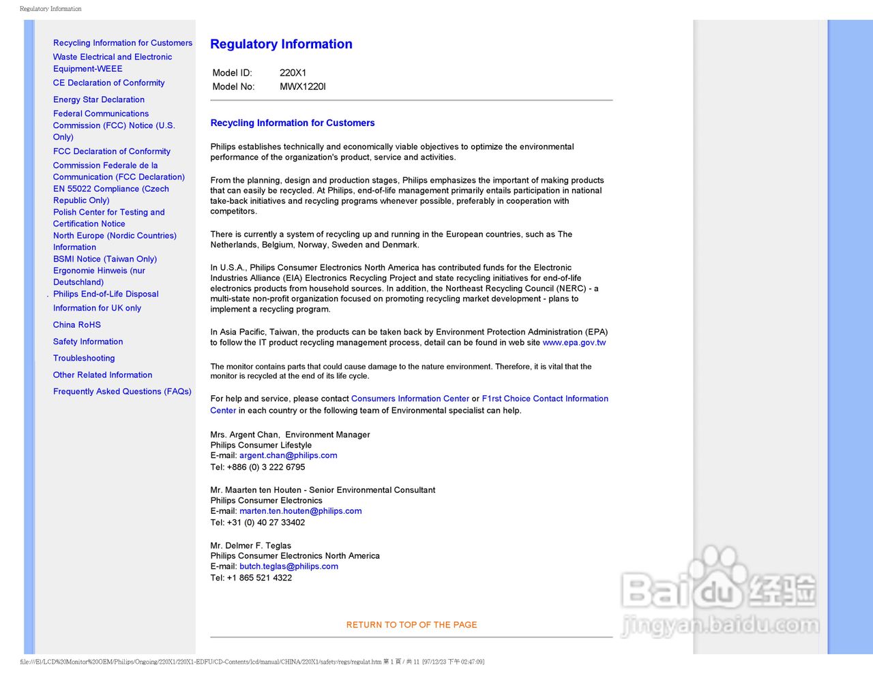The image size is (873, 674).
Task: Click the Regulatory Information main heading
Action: pyautogui.click(x=281, y=44)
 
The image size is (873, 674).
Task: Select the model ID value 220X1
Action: pyautogui.click(x=293, y=73)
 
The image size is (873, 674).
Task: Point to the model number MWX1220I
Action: pyautogui.click(x=302, y=87)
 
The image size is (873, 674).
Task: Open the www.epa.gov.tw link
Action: pyautogui.click(x=574, y=343)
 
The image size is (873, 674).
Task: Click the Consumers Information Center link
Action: pyautogui.click(x=410, y=399)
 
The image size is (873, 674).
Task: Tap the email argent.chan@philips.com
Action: pyautogui.click(x=288, y=455)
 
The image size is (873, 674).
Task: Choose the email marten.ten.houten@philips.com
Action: pyautogui.click(x=300, y=511)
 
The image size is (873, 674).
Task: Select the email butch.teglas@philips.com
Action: pyautogui.click(x=288, y=566)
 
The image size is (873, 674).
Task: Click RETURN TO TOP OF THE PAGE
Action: pyautogui.click(x=411, y=625)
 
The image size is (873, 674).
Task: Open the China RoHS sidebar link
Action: pyautogui.click(x=77, y=325)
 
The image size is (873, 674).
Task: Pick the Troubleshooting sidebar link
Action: pyautogui.click(x=84, y=358)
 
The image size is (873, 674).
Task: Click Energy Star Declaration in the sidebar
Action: pyautogui.click(x=99, y=99)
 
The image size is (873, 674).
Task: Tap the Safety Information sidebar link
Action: pyautogui.click(x=88, y=341)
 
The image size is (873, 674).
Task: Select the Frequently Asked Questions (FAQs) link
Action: pyautogui.click(x=122, y=392)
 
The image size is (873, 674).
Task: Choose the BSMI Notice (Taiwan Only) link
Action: pyautogui.click(x=105, y=259)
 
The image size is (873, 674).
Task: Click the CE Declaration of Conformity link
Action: pyautogui.click(x=109, y=83)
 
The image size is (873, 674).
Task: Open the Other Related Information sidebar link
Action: pyautogui.click(x=102, y=375)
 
